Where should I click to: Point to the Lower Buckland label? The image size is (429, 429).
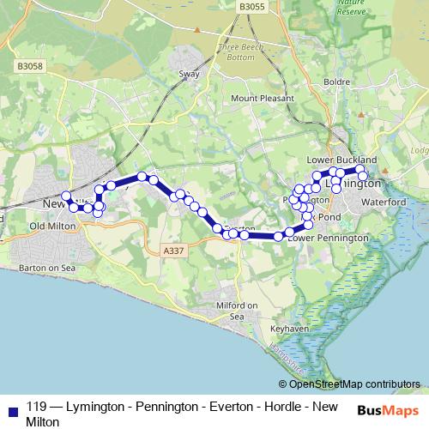pyautogui.click(x=341, y=160)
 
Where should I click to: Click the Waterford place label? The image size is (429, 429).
pyautogui.click(x=384, y=201)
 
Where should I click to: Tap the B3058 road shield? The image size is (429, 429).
pyautogui.click(x=29, y=65)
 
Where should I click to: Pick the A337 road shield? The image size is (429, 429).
pyautogui.click(x=172, y=251)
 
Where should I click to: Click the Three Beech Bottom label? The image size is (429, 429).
pyautogui.click(x=236, y=51)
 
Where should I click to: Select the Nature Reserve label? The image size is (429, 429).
pyautogui.click(x=351, y=8)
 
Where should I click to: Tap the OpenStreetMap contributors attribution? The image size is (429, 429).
pyautogui.click(x=353, y=384)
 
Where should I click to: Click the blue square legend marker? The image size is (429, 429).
pyautogui.click(x=10, y=408)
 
